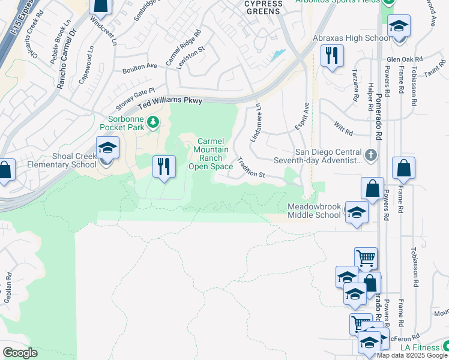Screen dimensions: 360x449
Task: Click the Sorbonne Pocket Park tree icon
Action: tap(154, 122)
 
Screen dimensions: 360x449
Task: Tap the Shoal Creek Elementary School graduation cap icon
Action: tap(107, 148)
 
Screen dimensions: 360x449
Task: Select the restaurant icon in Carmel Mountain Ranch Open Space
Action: tap(164, 166)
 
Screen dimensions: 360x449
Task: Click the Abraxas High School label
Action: tap(352, 38)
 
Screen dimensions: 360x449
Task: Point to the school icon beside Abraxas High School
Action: tap(399, 26)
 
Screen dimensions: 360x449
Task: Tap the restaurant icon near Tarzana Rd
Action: tap(331, 56)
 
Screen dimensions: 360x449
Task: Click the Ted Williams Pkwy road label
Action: tap(170, 101)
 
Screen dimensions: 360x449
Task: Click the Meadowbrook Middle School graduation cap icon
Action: tap(357, 214)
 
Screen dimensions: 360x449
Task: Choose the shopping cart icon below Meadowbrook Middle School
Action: tap(366, 258)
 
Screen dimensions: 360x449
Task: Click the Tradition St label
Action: tap(252, 167)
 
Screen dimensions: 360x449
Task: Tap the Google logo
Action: tap(20, 353)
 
